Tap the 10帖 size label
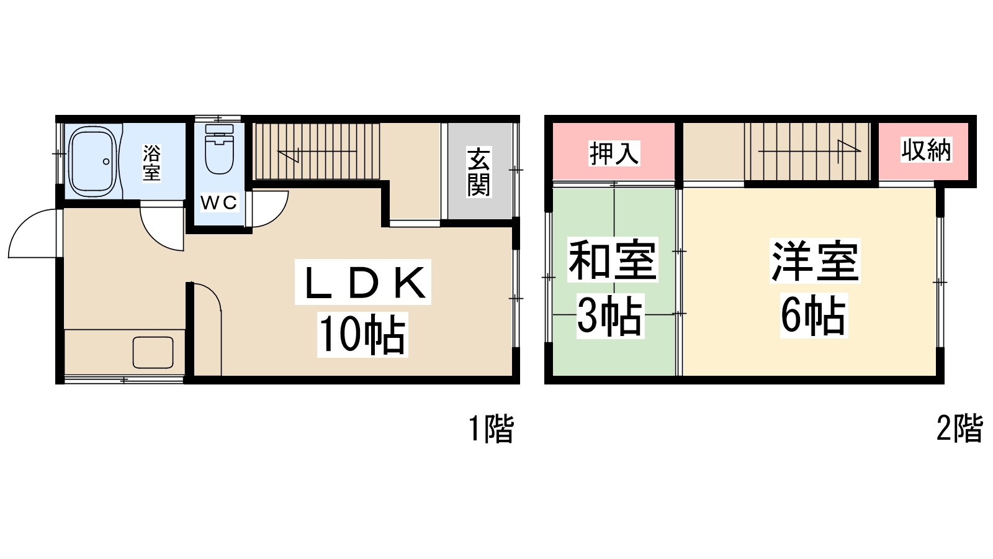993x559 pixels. tap(362, 334)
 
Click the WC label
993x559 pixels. tap(218, 202)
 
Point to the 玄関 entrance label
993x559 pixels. tap(479, 172)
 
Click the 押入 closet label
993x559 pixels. tap(614, 153)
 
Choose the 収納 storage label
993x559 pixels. tap(926, 150)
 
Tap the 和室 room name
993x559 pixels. tap(612, 260)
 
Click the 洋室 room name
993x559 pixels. tap(815, 261)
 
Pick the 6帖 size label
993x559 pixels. tap(814, 316)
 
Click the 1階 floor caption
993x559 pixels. tap(492, 429)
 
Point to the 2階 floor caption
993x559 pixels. tap(959, 428)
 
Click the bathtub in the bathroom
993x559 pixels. tap(92, 161)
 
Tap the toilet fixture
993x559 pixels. tap(220, 148)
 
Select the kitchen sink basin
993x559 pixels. tap(153, 353)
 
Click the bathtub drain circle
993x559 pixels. tap(106, 161)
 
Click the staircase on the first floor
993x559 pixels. tap(316, 152)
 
